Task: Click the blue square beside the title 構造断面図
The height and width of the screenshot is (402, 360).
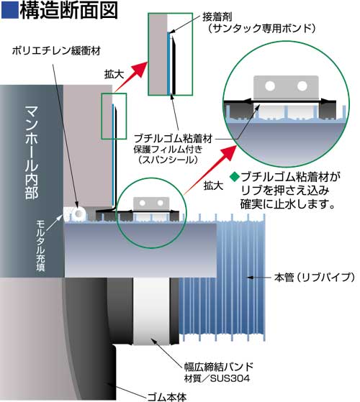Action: pos(10,10)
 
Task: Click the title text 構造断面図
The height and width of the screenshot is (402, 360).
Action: pos(68,10)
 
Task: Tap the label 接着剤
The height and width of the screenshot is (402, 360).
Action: pos(217,17)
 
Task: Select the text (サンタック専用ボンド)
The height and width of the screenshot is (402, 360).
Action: pos(261,28)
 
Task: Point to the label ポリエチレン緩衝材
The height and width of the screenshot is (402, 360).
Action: pos(56,51)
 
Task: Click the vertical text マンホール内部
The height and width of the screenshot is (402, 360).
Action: pos(32,152)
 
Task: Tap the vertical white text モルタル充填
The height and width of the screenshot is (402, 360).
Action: pos(40,245)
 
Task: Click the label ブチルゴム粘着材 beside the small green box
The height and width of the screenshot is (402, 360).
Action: pos(174,139)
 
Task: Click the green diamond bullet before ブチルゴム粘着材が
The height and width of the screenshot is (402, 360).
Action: pos(234,176)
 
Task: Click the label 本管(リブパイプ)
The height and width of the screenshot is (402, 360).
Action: pos(315,277)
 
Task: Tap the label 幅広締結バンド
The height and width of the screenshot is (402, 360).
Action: pos(219,367)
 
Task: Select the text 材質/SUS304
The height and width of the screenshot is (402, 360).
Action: pos(217,378)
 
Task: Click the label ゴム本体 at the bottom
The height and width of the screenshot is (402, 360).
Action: pos(167,397)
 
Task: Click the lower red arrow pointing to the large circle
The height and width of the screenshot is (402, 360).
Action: pos(210,170)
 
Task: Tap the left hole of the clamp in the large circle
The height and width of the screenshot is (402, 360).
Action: pos(270,86)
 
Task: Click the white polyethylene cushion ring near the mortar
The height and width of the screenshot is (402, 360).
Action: pos(78,214)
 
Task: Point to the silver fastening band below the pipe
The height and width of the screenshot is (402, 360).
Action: pos(151,311)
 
